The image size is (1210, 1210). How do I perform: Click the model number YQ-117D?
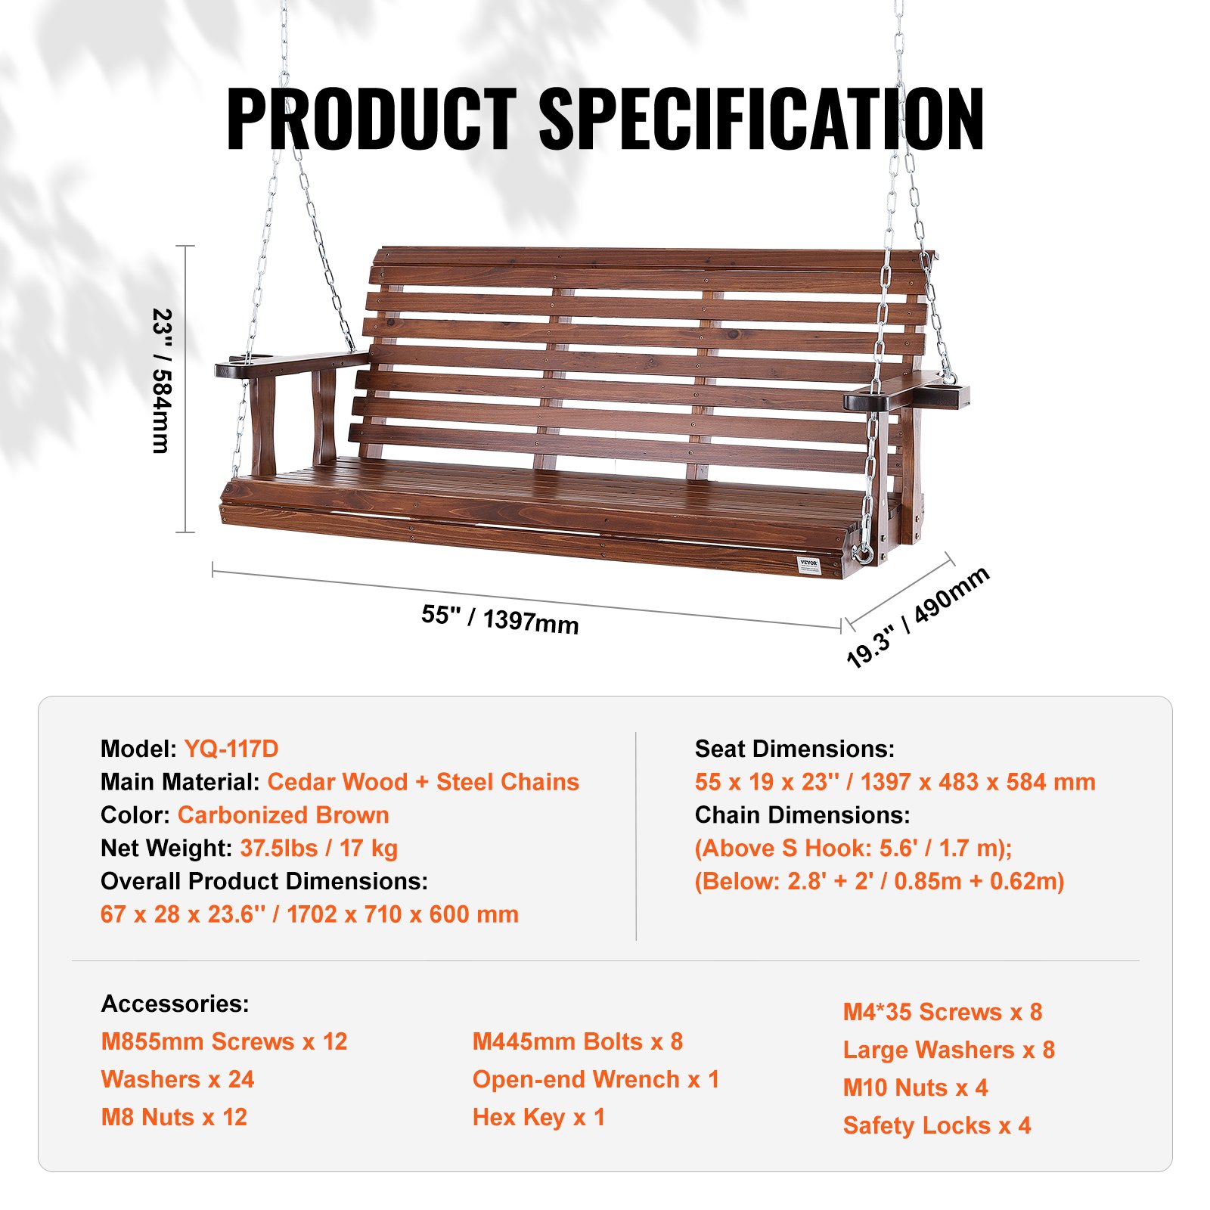[231, 749]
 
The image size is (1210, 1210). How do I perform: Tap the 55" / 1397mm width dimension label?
[500, 619]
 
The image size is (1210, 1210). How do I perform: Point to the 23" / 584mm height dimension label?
[162, 380]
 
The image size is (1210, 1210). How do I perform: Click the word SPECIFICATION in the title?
[761, 119]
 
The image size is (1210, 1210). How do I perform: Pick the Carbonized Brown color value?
[283, 815]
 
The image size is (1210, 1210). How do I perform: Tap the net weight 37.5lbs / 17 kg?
[318, 849]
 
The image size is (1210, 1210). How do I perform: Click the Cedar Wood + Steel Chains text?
[423, 782]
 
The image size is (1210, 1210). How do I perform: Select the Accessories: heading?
[175, 1004]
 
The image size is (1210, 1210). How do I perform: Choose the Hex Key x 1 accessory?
[538, 1117]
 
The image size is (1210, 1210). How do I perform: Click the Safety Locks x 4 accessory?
[936, 1125]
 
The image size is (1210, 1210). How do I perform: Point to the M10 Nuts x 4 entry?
[915, 1087]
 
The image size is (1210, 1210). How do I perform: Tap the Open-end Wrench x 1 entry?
[595, 1079]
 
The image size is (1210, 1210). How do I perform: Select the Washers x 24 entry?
[178, 1079]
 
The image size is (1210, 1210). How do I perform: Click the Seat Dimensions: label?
[794, 749]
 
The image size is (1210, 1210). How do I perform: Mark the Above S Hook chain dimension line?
[853, 849]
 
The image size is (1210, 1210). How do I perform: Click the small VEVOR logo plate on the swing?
[809, 565]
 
